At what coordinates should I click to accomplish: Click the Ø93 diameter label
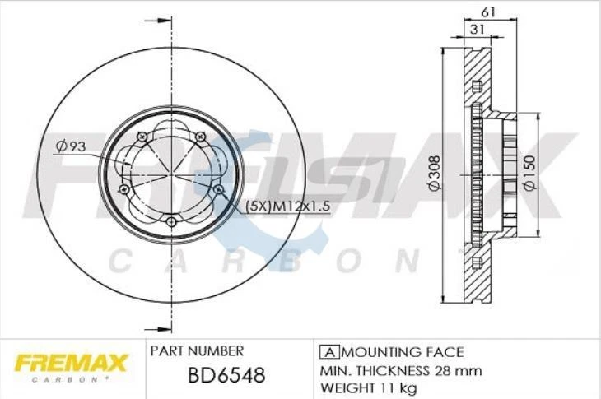pyautogui.click(x=72, y=146)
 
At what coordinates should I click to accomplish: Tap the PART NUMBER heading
pyautogui.click(x=197, y=350)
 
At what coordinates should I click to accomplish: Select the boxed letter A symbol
pyautogui.click(x=325, y=351)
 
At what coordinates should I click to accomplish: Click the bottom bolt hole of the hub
pyautogui.click(x=171, y=220)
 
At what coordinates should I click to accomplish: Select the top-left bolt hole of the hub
pyautogui.click(x=142, y=136)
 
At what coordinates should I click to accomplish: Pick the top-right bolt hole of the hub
pyautogui.click(x=200, y=136)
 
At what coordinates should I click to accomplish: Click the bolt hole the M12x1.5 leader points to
pyautogui.click(x=218, y=190)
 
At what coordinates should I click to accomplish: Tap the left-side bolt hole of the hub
pyautogui.click(x=124, y=190)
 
